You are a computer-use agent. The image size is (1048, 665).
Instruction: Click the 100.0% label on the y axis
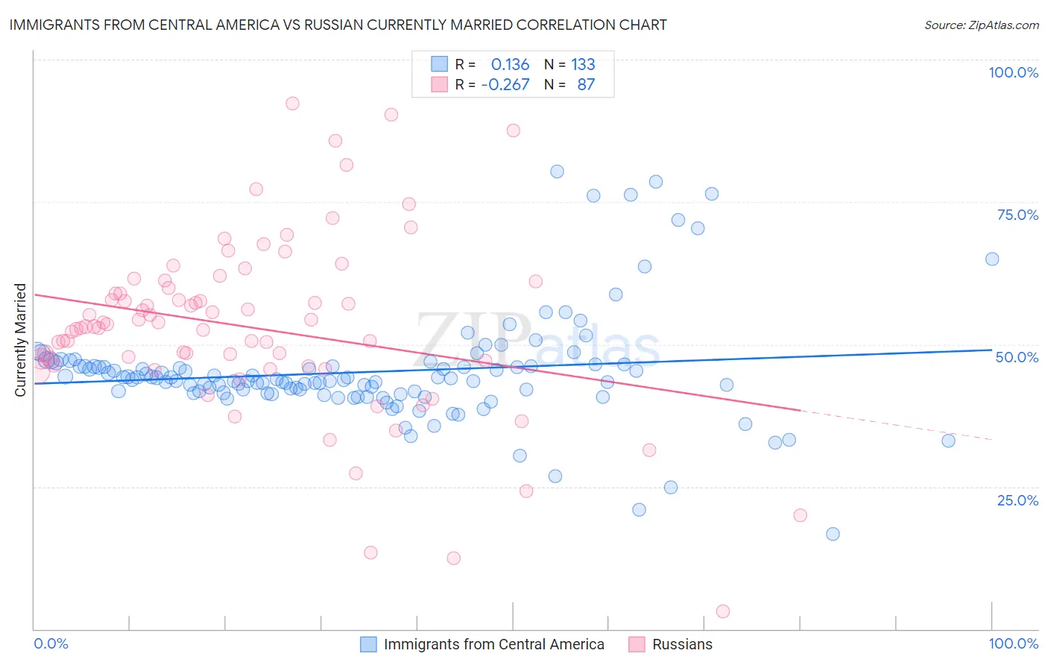click(x=1013, y=72)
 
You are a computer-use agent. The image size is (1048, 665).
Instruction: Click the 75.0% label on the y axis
click(x=1017, y=215)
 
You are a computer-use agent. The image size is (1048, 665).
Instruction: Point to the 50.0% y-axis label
click(x=1017, y=357)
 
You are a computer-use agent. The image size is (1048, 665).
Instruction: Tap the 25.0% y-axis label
click(x=1017, y=500)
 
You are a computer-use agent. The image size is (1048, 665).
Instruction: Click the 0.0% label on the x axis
click(x=51, y=643)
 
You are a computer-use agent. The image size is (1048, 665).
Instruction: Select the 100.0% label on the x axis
click(x=1013, y=643)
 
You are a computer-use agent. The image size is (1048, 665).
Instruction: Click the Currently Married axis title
click(x=21, y=340)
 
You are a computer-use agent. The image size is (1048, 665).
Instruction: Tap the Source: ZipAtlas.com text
click(x=981, y=25)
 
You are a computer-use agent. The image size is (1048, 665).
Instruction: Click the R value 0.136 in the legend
click(x=510, y=64)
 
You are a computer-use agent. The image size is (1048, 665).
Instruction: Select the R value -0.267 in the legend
click(x=505, y=84)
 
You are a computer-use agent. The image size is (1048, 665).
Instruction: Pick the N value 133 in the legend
click(x=583, y=64)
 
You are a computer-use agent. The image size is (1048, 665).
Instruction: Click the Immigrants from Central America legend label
click(x=493, y=644)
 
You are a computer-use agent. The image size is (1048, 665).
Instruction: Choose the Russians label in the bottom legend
click(x=682, y=644)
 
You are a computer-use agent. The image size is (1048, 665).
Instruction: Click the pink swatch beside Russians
click(x=637, y=644)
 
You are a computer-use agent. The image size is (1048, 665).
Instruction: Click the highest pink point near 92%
click(x=292, y=104)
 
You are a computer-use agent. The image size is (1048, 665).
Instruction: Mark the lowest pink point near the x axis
click(x=722, y=611)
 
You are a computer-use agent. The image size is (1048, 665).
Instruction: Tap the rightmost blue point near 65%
click(x=992, y=259)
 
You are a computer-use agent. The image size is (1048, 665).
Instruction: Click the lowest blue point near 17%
click(x=833, y=534)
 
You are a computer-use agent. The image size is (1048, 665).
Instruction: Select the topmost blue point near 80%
click(x=557, y=171)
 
